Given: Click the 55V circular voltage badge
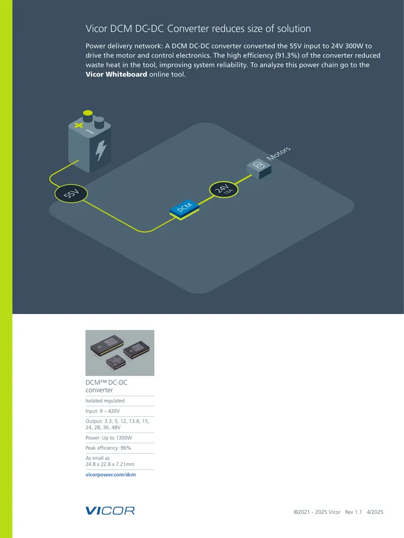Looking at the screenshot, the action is click(x=71, y=193).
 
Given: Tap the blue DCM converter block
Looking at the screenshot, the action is click(x=184, y=209).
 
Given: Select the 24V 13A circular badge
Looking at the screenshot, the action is click(x=224, y=189).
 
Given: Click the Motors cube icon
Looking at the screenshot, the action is click(x=259, y=169).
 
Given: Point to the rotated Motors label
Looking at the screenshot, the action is click(x=278, y=153).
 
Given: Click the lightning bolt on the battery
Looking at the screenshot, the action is click(x=101, y=150).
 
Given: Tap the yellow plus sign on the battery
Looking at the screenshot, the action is click(x=79, y=125).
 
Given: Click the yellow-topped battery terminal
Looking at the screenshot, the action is click(x=88, y=116).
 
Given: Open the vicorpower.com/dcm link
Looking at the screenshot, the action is click(x=111, y=474).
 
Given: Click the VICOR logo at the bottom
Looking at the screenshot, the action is click(x=110, y=511).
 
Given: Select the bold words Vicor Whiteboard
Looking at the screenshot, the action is click(x=116, y=74).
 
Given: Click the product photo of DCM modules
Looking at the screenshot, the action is click(x=120, y=353).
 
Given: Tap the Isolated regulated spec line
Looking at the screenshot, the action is click(x=105, y=400).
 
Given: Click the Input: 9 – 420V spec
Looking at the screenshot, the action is click(x=103, y=411).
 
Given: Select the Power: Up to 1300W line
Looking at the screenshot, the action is click(x=109, y=438).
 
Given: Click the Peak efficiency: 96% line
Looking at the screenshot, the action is click(x=108, y=448).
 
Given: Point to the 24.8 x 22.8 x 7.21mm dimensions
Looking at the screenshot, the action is click(x=110, y=464).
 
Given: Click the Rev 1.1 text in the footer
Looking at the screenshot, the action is click(x=353, y=512).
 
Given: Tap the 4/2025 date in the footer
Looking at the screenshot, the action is click(x=375, y=512).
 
